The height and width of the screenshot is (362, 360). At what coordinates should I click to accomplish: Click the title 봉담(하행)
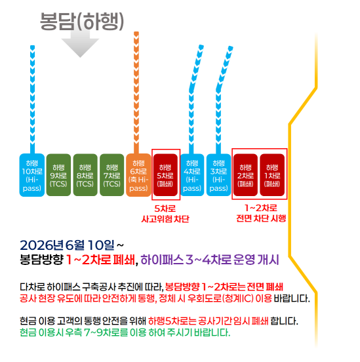tap(82, 22)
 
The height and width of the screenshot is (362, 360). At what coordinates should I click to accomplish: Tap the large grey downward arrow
tap(80, 44)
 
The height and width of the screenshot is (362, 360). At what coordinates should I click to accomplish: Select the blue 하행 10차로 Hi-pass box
tap(32, 175)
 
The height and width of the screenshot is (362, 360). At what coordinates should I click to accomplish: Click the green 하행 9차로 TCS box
tap(58, 175)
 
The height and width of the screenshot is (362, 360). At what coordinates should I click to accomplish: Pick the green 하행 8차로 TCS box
tap(85, 175)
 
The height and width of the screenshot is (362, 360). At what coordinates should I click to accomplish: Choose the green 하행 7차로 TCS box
tap(111, 175)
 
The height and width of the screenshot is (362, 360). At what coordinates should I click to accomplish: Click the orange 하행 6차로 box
tap(138, 175)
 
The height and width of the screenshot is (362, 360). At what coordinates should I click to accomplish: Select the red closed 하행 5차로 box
tap(165, 175)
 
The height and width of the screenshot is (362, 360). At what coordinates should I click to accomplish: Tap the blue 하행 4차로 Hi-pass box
tap(192, 175)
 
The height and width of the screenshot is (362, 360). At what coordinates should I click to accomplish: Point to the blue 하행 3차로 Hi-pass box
tap(218, 175)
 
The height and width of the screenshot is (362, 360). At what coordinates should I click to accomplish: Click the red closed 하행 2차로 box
tap(245, 175)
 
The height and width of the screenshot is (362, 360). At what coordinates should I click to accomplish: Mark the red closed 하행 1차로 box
tap(272, 175)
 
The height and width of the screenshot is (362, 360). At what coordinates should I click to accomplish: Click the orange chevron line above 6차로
tap(136, 92)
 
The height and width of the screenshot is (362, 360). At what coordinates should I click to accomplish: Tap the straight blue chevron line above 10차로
tap(32, 100)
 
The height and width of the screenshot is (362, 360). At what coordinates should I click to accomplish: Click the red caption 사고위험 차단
tap(165, 219)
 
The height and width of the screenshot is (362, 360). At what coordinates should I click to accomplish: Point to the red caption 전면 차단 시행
tap(261, 218)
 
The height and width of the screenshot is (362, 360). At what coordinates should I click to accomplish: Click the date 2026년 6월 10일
tap(67, 245)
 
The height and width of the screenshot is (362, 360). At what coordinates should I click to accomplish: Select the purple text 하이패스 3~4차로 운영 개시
tap(210, 260)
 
